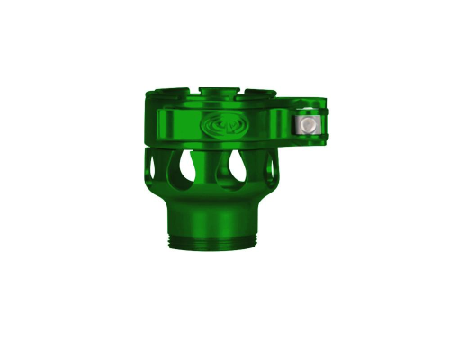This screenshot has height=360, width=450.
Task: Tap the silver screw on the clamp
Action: pyautogui.click(x=308, y=124)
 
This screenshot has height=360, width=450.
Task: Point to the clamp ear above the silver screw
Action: pyautogui.click(x=310, y=112)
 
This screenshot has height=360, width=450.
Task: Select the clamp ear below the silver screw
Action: pyautogui.click(x=310, y=138)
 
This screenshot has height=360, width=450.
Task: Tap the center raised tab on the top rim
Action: pyautogui.click(x=216, y=92)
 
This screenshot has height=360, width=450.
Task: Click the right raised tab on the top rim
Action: pyautogui.click(x=260, y=94)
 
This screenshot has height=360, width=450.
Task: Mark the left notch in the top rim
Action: pyautogui.click(x=192, y=93)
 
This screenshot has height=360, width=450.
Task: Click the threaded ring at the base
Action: pyautogui.click(x=213, y=242)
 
